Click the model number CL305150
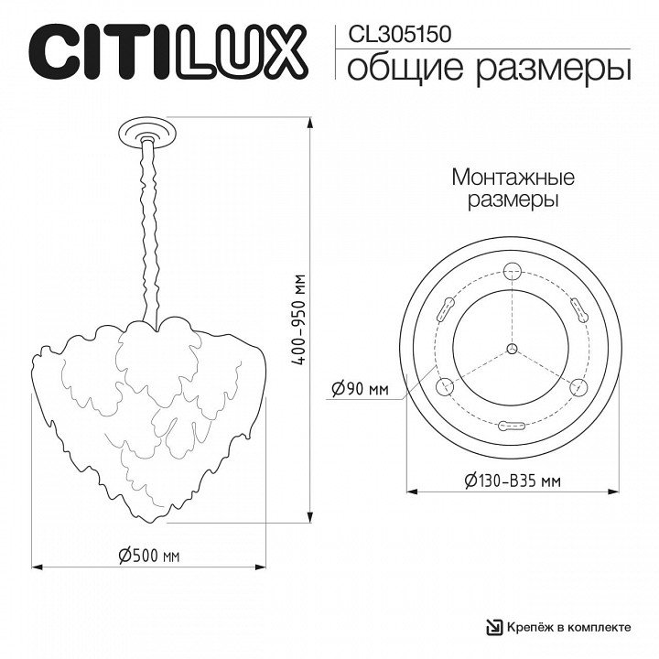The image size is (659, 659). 400,35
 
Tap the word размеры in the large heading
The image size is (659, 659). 554,70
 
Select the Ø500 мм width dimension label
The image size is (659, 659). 149,556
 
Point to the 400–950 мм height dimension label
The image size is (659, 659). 300,319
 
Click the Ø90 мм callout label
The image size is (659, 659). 361,388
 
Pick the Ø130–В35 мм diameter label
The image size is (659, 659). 513,480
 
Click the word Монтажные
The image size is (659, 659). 513,178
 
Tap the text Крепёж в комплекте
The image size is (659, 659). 568,628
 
